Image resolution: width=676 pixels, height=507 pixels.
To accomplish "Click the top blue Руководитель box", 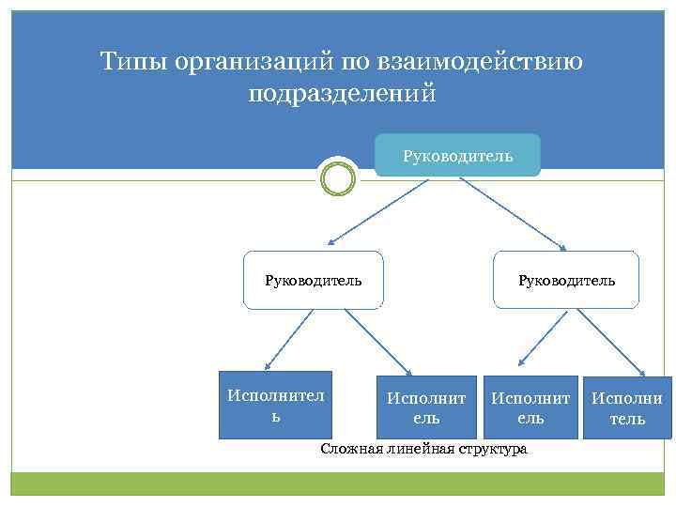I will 457,155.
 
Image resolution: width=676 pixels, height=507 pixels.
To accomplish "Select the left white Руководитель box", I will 313,280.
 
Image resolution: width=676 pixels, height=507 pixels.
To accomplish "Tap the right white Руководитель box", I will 566,280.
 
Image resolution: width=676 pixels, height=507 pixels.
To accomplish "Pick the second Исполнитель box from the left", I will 426,407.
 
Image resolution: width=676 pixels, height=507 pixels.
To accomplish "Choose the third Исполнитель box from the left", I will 530,407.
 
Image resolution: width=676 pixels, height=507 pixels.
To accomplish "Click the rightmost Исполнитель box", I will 627,407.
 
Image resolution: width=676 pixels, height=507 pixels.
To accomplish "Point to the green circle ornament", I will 337,177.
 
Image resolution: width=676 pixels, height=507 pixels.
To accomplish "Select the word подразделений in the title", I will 343,94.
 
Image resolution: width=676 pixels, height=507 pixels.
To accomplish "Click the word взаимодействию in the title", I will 479,62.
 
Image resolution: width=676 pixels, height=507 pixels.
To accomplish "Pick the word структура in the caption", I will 492,449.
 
